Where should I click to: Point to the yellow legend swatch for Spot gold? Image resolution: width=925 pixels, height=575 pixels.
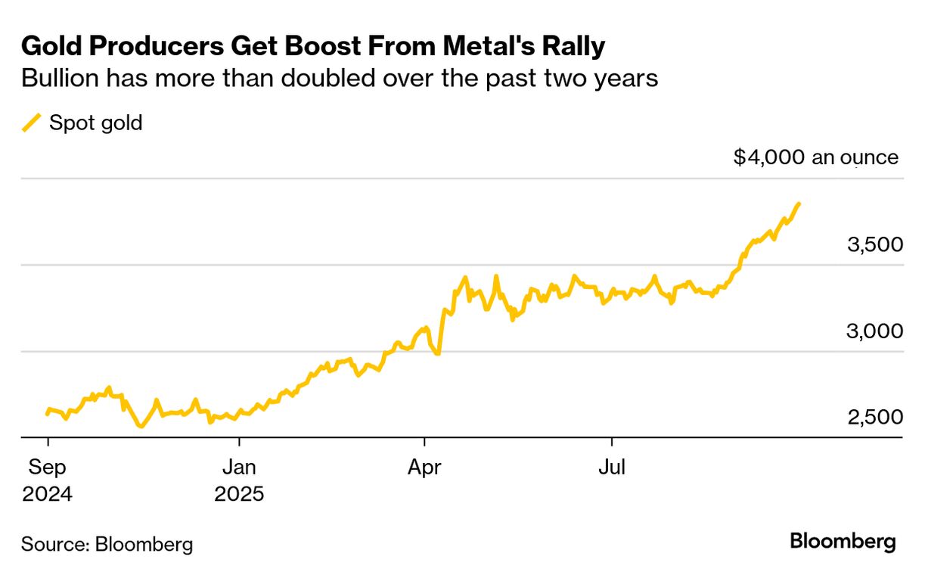click(31, 123)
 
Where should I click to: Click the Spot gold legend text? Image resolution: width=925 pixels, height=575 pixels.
click(95, 123)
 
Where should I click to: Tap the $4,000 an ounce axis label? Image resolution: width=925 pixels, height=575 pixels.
click(815, 157)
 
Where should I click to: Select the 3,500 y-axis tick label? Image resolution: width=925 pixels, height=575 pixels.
click(874, 245)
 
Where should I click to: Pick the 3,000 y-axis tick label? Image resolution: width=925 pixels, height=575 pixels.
click(874, 331)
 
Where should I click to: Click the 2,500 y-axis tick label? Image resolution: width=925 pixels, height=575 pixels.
click(874, 418)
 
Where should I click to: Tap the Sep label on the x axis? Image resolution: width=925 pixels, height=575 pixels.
click(48, 468)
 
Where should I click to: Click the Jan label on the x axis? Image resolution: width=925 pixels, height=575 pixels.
click(239, 468)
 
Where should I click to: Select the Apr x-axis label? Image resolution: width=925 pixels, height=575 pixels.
click(424, 468)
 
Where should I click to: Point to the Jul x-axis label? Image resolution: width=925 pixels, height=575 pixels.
click(611, 468)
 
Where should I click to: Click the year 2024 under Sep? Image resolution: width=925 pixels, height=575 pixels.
click(48, 495)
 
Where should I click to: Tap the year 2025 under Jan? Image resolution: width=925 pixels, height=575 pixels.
click(239, 495)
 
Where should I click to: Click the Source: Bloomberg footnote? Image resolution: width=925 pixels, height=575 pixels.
click(107, 543)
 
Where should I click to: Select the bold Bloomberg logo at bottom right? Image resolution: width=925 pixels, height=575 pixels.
click(843, 542)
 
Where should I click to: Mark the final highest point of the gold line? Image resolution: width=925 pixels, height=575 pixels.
click(799, 204)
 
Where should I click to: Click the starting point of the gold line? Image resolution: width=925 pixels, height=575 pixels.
click(47, 414)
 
